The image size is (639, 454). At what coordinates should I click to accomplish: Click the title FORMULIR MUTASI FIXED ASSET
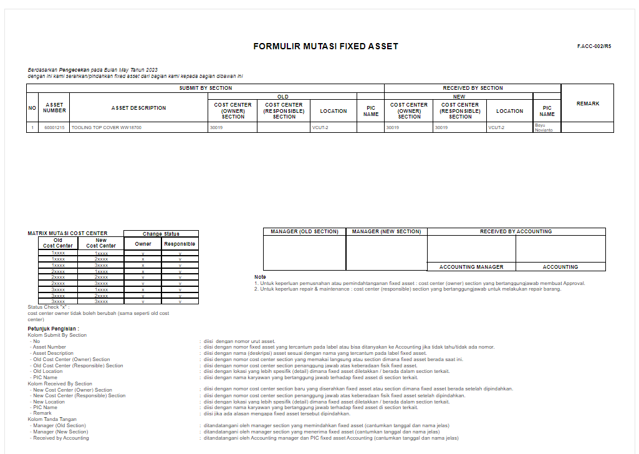pos(325,47)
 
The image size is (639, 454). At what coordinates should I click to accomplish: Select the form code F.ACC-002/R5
pos(594,47)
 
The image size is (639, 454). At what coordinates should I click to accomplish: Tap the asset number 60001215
pos(54,128)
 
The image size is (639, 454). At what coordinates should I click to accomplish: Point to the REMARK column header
pos(587,104)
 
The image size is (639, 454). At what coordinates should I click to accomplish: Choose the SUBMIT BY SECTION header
pos(205,88)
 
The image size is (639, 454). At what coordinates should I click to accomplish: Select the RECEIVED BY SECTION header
pos(473,88)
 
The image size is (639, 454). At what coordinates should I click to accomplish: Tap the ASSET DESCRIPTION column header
pos(139,108)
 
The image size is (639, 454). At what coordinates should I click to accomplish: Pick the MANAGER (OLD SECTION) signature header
pos(304,232)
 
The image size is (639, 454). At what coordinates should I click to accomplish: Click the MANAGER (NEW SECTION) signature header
pos(387,232)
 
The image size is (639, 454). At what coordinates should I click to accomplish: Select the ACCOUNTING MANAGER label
pos(471,267)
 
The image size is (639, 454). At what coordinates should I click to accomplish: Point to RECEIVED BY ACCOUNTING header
pos(516,232)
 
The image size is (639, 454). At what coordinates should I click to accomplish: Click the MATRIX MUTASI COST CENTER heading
pos(67,233)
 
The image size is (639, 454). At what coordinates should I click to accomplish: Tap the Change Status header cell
pos(161,234)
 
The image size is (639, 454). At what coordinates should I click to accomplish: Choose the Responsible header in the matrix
pos(180,244)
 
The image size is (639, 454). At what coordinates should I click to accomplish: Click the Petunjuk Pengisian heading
pos(53,329)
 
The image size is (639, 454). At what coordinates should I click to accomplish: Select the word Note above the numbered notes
pos(260,277)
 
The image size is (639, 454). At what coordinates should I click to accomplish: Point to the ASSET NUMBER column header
pos(54,108)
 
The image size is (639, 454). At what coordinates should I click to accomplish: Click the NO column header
pos(32,108)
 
